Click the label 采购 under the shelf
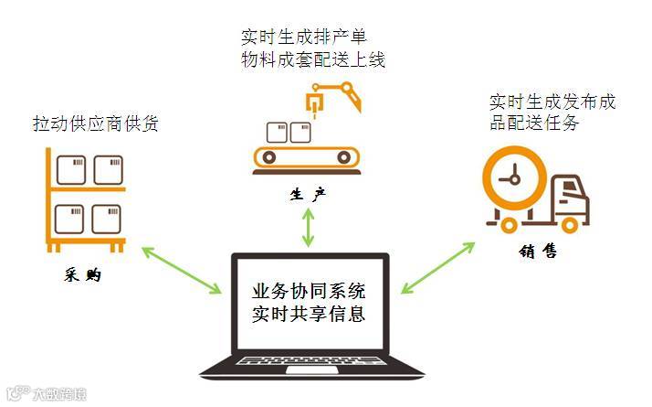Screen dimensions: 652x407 (x=81, y=274)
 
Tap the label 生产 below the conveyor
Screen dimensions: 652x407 (x=307, y=195)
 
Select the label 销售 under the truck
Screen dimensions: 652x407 (x=538, y=250)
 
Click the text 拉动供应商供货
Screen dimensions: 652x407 (x=95, y=122)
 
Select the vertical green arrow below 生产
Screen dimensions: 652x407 (x=308, y=226)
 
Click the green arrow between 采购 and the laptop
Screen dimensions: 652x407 (x=181, y=269)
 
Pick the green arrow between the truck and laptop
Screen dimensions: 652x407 (x=439, y=267)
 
